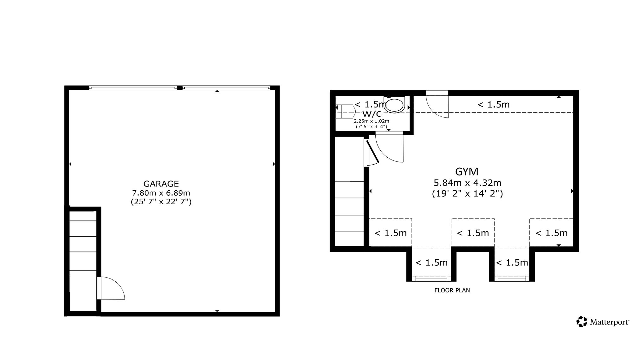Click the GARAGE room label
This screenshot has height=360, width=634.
161,184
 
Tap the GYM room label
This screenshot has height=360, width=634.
467,172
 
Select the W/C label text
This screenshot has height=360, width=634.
372,114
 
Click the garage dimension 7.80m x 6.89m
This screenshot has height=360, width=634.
161,193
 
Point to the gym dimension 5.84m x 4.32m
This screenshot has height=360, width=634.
467,183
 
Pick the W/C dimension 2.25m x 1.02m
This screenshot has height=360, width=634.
372,121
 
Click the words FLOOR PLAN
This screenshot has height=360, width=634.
452,290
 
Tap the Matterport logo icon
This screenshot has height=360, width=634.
582,321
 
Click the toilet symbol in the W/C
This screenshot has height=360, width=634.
394,104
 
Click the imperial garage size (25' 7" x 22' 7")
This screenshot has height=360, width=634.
161,202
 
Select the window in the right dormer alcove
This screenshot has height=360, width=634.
512,279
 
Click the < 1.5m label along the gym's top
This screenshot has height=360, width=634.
493,104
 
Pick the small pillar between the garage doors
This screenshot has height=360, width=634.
179,88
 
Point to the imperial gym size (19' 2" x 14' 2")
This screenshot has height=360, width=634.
467,193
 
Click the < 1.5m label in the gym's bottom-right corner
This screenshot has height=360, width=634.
551,233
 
